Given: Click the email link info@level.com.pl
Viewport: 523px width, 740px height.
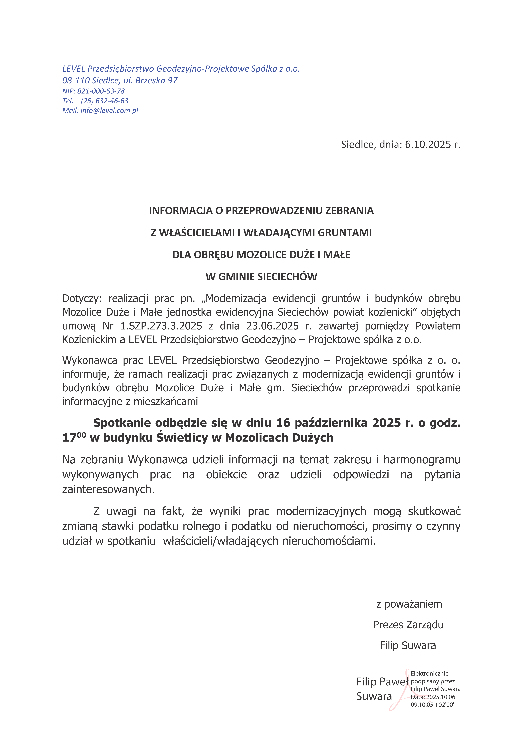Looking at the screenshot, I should point(109,111).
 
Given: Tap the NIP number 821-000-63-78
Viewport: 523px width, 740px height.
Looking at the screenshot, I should point(101,91).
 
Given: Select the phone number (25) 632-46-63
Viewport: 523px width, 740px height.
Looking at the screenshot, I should point(105,101).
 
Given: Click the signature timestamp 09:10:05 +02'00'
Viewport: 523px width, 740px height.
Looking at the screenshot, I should point(432,705).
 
